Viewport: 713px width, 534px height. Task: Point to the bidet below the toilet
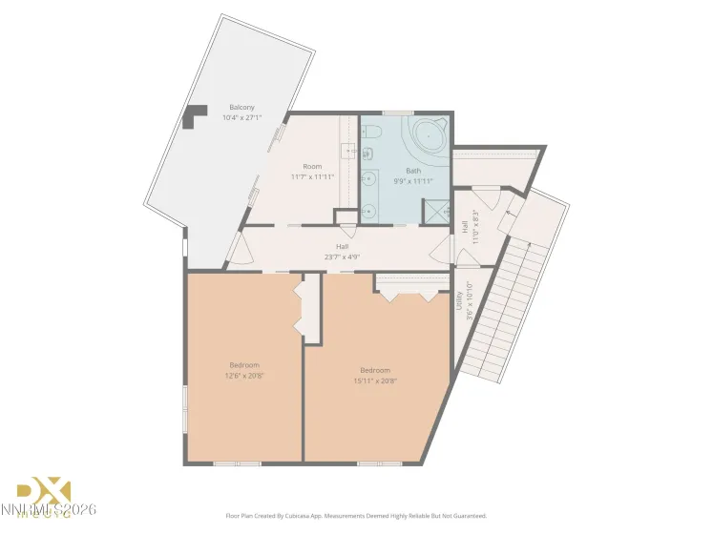click(x=369, y=154)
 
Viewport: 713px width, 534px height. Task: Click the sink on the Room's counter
click(x=349, y=150)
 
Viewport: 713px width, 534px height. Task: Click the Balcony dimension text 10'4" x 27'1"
click(x=241, y=118)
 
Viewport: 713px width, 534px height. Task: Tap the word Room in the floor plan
click(x=312, y=166)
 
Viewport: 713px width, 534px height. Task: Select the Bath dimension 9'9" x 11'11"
click(x=413, y=181)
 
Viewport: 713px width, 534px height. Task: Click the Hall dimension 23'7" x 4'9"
click(x=341, y=256)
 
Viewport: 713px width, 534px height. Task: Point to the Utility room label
click(x=459, y=302)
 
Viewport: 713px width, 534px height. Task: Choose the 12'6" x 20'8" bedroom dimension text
click(x=244, y=376)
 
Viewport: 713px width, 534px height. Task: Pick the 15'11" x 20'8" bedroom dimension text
click(x=375, y=380)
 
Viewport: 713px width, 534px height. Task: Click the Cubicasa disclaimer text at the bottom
click(x=355, y=516)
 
